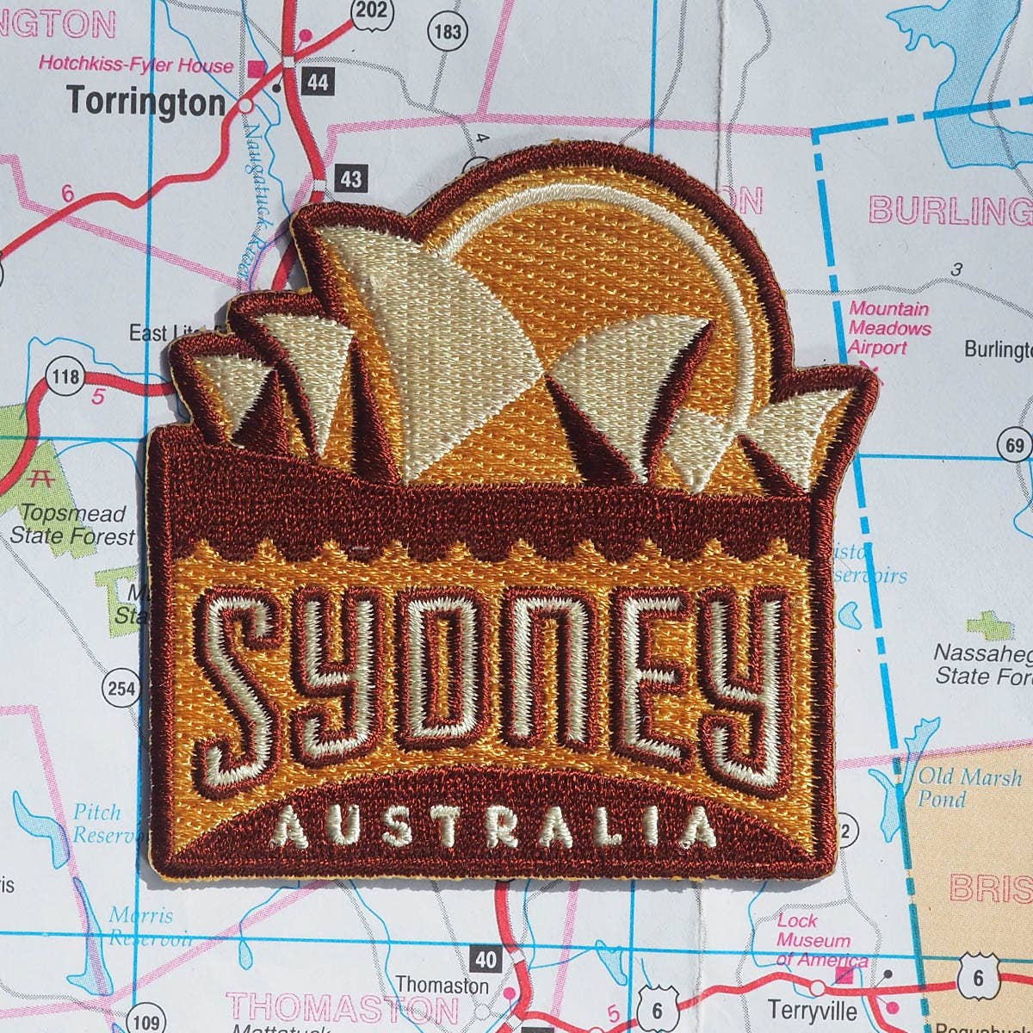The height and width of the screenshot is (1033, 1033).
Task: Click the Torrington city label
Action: [145, 102]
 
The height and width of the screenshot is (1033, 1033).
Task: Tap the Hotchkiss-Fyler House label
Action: [135, 65]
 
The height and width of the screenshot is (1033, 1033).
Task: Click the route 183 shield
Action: [448, 32]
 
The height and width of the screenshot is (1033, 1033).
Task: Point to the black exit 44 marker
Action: [318, 82]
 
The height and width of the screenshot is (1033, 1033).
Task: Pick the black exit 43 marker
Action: [350, 179]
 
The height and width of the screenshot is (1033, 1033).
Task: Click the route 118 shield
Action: [65, 377]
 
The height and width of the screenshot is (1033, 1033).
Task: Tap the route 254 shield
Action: [121, 688]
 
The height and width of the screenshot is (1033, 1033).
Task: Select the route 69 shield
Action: [1014, 445]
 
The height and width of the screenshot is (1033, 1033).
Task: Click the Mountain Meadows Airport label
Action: [889, 328]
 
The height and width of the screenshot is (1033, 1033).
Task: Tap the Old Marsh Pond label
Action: [968, 787]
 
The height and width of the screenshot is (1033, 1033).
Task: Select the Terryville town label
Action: [812, 1009]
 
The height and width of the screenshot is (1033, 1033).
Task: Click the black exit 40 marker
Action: [486, 959]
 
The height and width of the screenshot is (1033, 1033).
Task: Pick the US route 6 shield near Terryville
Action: [977, 978]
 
